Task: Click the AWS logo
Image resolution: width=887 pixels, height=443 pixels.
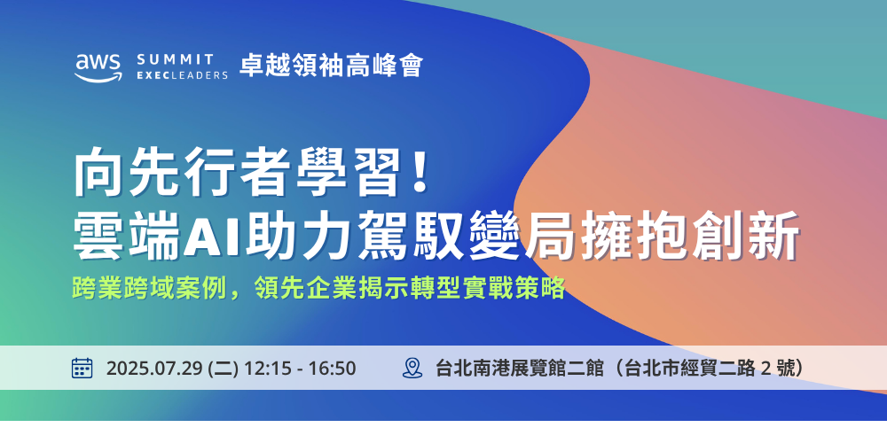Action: pyautogui.click(x=98, y=68)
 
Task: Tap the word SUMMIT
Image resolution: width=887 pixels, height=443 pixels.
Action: pyautogui.click(x=176, y=59)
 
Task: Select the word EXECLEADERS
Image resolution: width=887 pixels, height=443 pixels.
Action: pyautogui.click(x=182, y=75)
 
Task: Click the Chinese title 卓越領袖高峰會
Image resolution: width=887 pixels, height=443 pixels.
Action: pyautogui.click(x=332, y=66)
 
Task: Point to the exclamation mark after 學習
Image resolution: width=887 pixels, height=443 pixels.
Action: pyautogui.click(x=420, y=172)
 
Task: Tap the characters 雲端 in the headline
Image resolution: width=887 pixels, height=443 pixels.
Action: pyautogui.click(x=127, y=236)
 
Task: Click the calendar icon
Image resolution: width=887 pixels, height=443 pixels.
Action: pyautogui.click(x=82, y=368)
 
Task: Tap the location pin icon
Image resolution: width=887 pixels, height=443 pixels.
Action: pyautogui.click(x=412, y=368)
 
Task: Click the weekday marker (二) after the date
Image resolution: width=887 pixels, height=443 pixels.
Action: pyautogui.click(x=224, y=369)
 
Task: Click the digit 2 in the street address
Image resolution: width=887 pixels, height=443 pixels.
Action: pyautogui.click(x=766, y=369)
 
